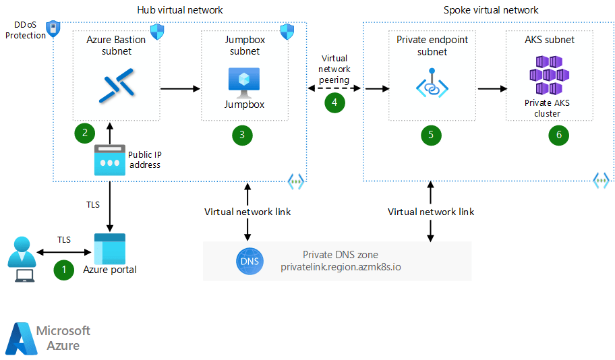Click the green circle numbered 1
[64, 270]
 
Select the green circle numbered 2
[85, 133]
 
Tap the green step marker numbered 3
[242, 135]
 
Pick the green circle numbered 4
[334, 102]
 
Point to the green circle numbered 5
[431, 135]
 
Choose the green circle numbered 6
[558, 135]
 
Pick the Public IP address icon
[109, 160]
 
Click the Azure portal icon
[109, 248]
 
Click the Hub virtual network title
[179, 10]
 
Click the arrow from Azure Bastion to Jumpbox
[180, 88]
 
